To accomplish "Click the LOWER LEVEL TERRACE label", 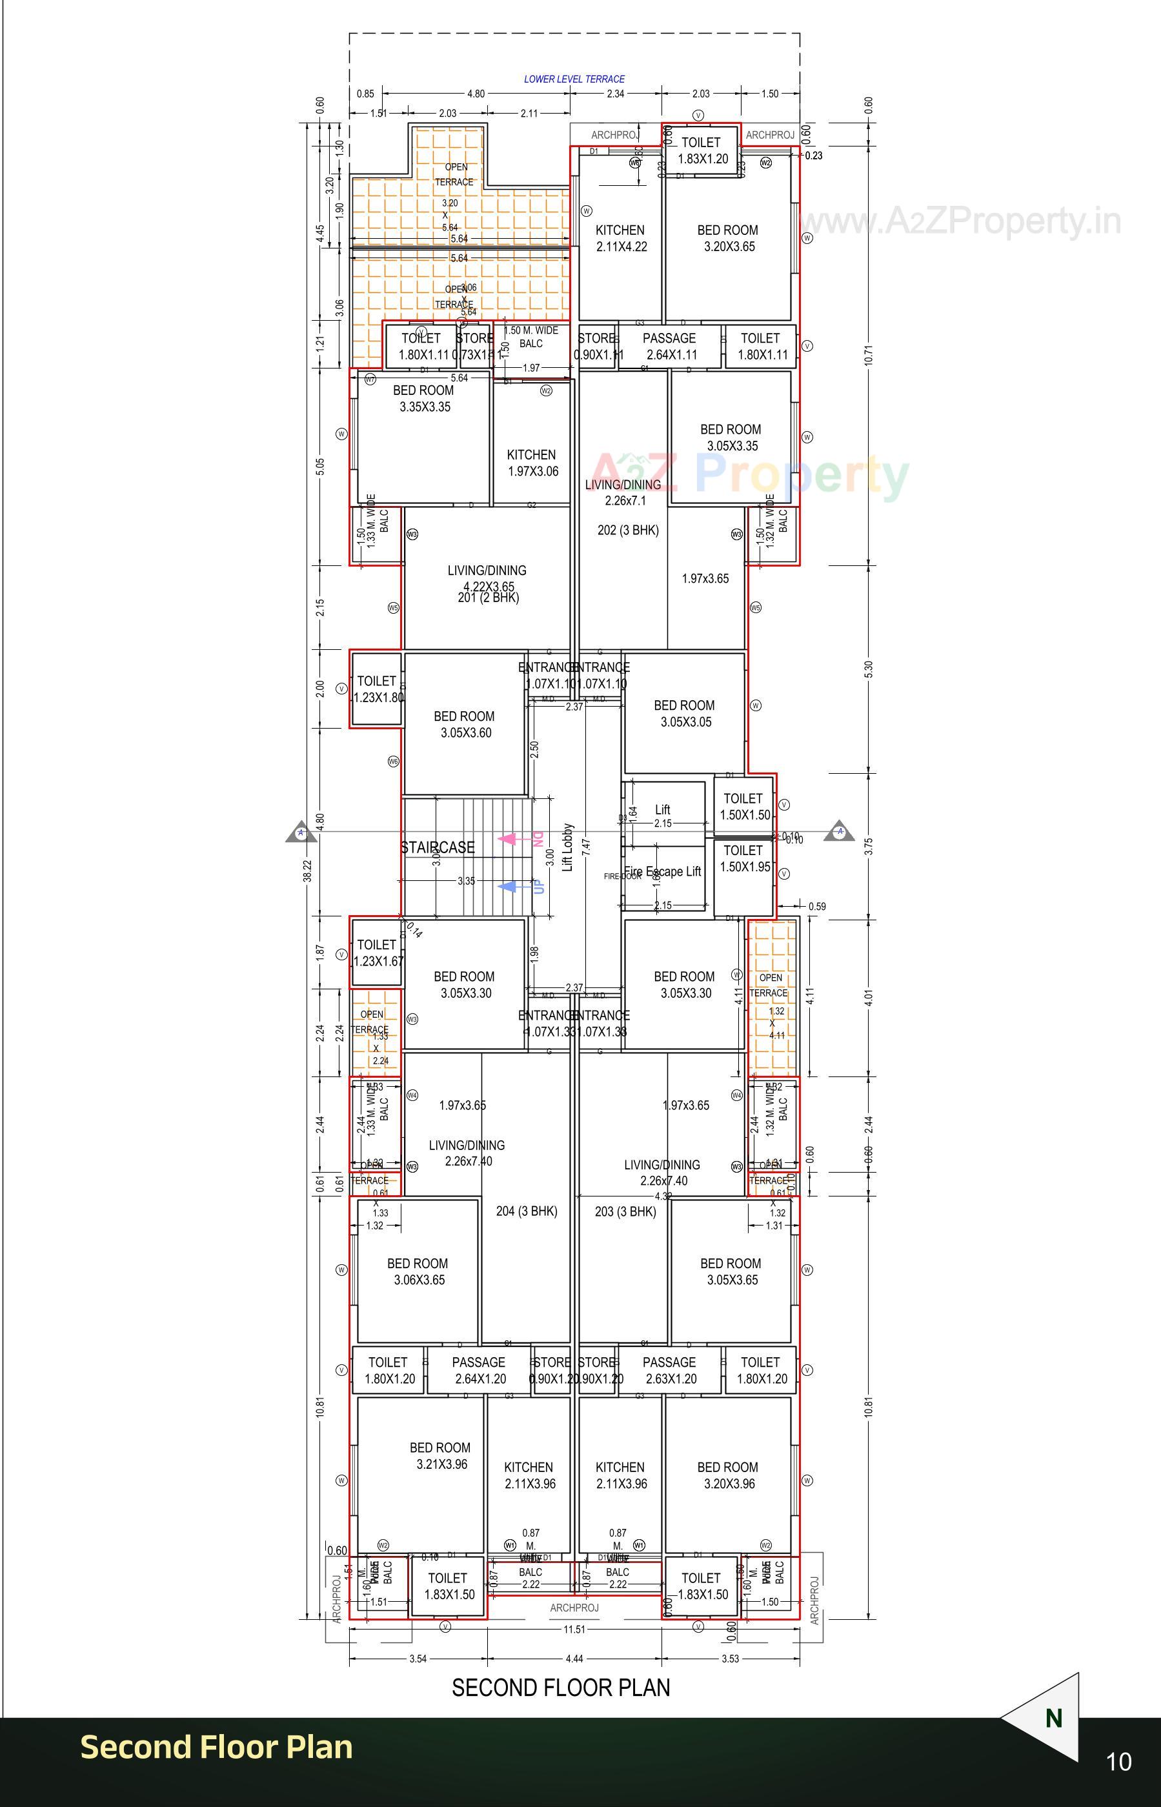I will click(x=574, y=78).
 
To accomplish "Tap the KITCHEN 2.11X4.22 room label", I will click(x=620, y=238).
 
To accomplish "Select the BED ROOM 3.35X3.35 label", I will click(x=424, y=398).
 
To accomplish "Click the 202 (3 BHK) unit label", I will click(x=627, y=530).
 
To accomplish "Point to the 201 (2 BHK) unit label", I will click(x=488, y=598).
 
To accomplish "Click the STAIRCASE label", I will click(x=438, y=847).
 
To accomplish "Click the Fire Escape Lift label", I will click(x=663, y=871).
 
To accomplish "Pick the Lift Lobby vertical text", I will click(x=568, y=847).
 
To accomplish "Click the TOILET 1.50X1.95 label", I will click(x=744, y=858).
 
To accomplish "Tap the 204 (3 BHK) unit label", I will click(x=526, y=1211).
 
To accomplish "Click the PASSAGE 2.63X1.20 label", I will click(x=669, y=1371).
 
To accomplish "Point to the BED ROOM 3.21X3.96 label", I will click(x=440, y=1456).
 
